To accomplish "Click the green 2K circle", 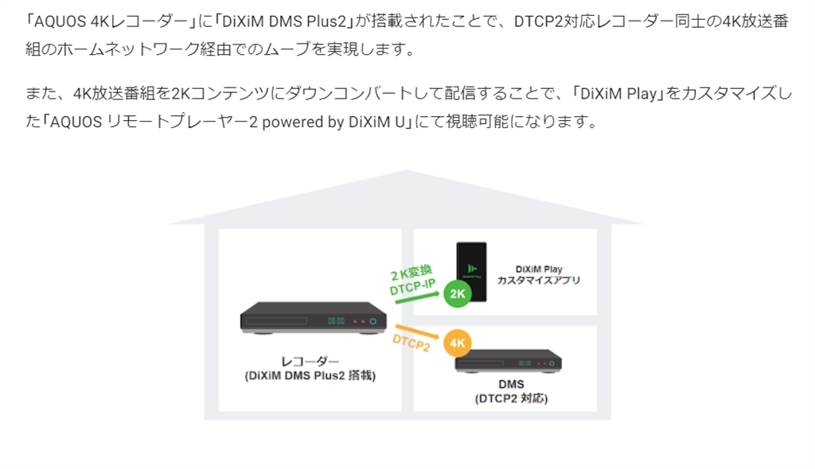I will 458,293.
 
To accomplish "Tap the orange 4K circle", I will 458,343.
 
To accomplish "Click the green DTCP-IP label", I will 411,289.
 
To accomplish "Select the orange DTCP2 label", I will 411,343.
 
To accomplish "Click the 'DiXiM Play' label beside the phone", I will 539,269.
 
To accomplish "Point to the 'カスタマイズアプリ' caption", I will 539,281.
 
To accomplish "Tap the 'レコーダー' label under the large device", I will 310,361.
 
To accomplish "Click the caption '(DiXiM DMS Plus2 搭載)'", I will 310,375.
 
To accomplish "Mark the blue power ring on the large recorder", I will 373,322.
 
